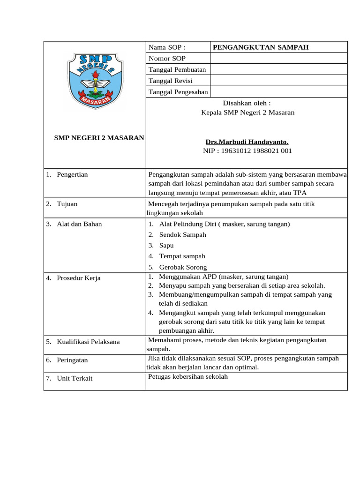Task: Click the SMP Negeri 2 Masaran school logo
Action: [95, 80]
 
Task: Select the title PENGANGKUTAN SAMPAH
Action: [261, 47]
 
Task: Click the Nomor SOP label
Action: [167, 58]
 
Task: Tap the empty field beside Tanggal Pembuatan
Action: [278, 69]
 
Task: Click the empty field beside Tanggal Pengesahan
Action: [278, 92]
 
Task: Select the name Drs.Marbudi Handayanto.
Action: [247, 142]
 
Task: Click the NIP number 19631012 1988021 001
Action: [247, 151]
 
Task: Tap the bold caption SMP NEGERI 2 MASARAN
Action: [99, 138]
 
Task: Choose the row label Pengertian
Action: [72, 174]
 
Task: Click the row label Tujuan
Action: [67, 204]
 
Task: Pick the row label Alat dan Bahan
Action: [79, 224]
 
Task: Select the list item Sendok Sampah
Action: [182, 234]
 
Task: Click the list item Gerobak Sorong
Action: [183, 267]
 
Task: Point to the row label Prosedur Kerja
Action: [78, 278]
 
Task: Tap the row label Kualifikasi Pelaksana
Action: [88, 342]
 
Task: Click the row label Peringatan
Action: [72, 360]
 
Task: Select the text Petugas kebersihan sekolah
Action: [188, 376]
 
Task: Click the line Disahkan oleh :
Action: [247, 103]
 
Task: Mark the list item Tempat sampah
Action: [182, 256]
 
